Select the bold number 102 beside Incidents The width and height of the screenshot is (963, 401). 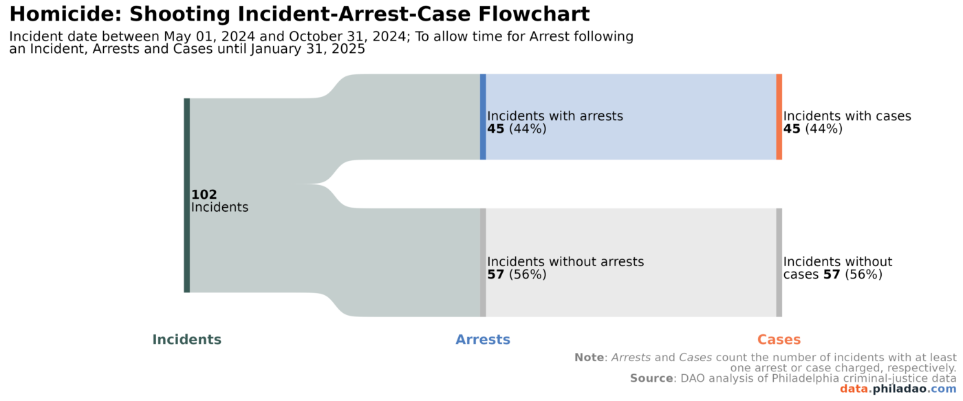[204, 195]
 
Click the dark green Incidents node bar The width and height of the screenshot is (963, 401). [186, 195]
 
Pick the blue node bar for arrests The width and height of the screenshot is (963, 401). [483, 117]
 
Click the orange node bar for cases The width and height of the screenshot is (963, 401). [779, 117]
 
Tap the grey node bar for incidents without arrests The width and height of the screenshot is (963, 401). [483, 262]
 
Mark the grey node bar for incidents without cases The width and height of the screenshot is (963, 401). [779, 262]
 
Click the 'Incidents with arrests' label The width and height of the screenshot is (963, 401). [554, 116]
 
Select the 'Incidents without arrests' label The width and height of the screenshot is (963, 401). [565, 262]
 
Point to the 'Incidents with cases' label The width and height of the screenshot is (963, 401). [847, 116]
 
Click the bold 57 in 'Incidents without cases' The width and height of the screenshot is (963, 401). [832, 274]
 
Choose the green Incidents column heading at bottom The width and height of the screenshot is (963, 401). [186, 340]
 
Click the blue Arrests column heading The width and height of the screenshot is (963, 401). [483, 340]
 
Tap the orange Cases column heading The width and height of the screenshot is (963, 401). [779, 340]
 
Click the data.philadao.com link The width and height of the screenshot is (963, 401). [897, 389]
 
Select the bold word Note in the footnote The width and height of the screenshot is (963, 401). [589, 358]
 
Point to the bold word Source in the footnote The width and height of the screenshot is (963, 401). [651, 378]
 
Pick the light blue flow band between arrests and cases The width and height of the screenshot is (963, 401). [630, 117]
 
